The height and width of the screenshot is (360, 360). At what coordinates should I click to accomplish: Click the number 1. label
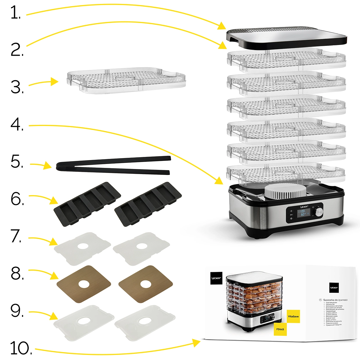(15, 13)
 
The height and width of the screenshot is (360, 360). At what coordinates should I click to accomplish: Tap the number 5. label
(17, 162)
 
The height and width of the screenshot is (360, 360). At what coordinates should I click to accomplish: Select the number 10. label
(21, 348)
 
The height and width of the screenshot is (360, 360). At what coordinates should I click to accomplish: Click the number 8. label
(17, 273)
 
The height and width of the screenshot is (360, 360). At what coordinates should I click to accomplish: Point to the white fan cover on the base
(285, 192)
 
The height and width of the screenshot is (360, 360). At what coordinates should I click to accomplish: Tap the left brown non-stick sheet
(84, 284)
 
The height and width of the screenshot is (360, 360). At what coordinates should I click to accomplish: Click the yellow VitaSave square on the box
(293, 316)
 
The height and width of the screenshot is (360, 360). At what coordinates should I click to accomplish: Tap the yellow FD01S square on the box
(280, 329)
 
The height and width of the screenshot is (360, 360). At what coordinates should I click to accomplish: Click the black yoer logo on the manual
(334, 287)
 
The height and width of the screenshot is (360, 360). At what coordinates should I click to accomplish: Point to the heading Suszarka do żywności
(335, 300)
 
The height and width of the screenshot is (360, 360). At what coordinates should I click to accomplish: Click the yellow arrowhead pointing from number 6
(54, 201)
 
